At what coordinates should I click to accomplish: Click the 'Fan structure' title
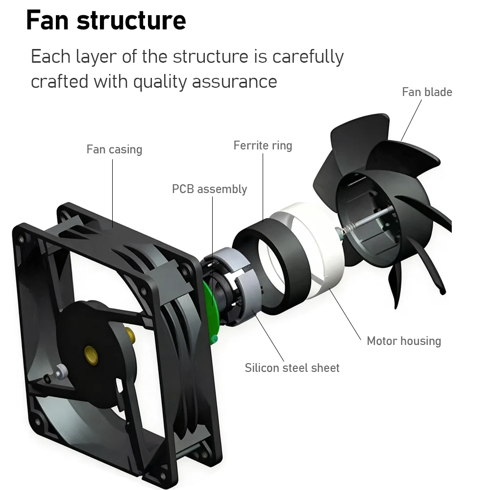[x=106, y=20]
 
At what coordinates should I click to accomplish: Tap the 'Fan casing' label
[x=114, y=149]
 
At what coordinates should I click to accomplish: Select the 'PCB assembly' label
[x=209, y=189]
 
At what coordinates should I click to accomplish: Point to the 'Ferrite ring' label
[x=263, y=146]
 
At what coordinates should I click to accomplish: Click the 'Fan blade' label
[x=427, y=92]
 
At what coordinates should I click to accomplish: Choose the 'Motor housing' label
[x=404, y=341]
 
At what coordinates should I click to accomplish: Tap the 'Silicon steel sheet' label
[x=292, y=368]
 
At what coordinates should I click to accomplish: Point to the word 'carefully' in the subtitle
[x=308, y=57]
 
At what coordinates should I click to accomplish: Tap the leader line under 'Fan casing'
[x=113, y=194]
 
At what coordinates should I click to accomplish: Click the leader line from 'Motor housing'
[x=345, y=314]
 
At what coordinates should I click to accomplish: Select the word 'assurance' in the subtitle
[x=234, y=82]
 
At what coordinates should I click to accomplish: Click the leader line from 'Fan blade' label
[x=411, y=121]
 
